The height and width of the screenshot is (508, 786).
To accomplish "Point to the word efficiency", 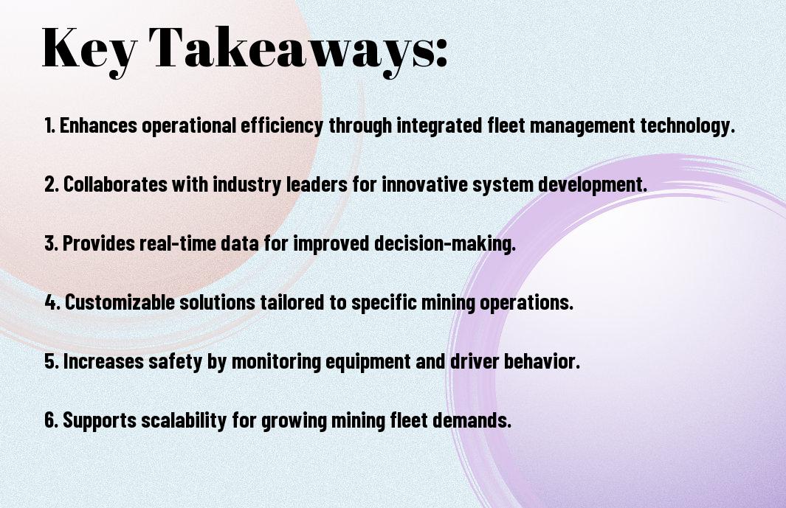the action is click(x=282, y=126).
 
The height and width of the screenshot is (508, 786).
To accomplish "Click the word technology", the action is click(x=687, y=126).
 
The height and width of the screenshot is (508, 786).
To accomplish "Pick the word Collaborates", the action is click(x=115, y=184).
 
